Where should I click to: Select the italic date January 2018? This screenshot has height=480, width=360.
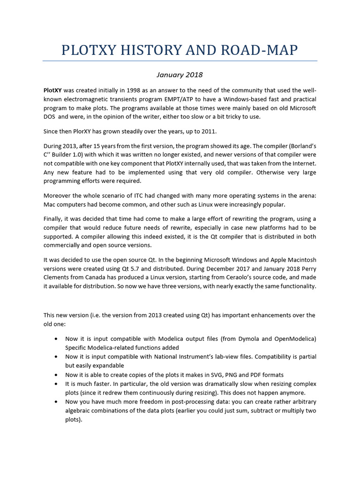pos(180,75)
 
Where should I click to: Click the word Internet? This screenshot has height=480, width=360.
pos(303,163)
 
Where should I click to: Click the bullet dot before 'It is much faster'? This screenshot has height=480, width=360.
pos(56,384)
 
